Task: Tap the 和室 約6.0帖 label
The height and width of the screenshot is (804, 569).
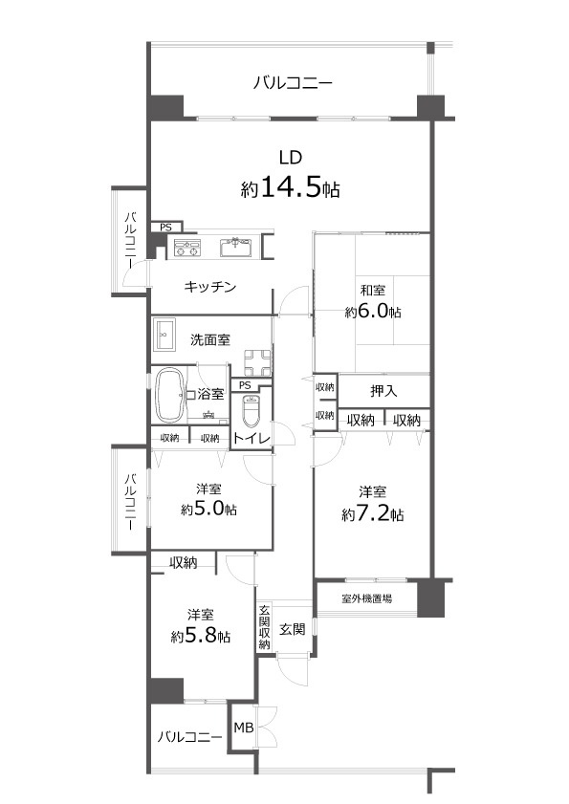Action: point(373,301)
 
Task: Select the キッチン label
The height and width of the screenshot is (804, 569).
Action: point(210,287)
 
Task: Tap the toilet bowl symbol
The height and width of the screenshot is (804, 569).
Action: point(252,411)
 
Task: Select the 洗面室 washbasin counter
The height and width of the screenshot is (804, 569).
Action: point(164,336)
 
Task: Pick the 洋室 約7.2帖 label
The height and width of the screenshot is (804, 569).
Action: point(373,504)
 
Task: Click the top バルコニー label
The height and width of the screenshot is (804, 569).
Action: point(293,84)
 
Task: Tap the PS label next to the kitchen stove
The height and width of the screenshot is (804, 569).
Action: point(165,228)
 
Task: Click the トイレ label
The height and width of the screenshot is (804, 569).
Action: point(251,438)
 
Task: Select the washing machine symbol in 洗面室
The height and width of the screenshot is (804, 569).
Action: point(256,360)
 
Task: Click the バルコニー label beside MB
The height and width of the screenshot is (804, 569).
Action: point(189,737)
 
